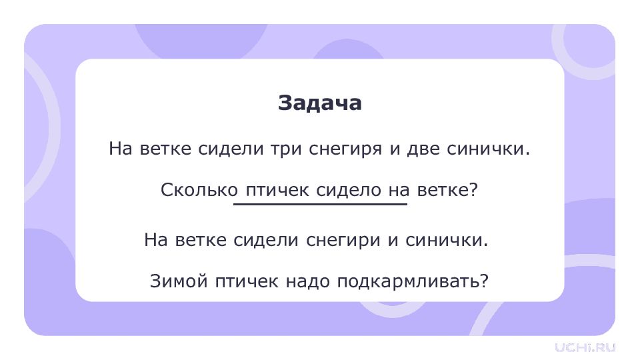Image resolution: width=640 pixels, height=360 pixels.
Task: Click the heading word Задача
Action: point(319,103)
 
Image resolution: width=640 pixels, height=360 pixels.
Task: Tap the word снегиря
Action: point(345,149)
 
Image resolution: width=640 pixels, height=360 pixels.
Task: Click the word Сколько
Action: point(199,190)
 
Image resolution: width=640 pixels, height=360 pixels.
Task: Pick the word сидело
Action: point(349,191)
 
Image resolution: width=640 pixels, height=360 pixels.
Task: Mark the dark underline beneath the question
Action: point(321,203)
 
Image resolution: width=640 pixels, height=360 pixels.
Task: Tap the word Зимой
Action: point(179,281)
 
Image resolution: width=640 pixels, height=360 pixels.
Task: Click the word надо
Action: point(307,281)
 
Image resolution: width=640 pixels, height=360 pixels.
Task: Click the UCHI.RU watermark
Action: point(585,347)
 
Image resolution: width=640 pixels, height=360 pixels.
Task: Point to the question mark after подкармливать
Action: point(484,281)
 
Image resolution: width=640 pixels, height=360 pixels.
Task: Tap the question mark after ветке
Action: point(473,189)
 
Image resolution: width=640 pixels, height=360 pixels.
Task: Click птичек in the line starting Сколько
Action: point(277,191)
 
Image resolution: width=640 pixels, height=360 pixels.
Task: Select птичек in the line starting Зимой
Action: point(247,281)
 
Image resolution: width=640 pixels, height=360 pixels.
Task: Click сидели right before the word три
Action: point(231,149)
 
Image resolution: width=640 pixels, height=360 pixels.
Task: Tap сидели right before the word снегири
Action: point(266,240)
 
